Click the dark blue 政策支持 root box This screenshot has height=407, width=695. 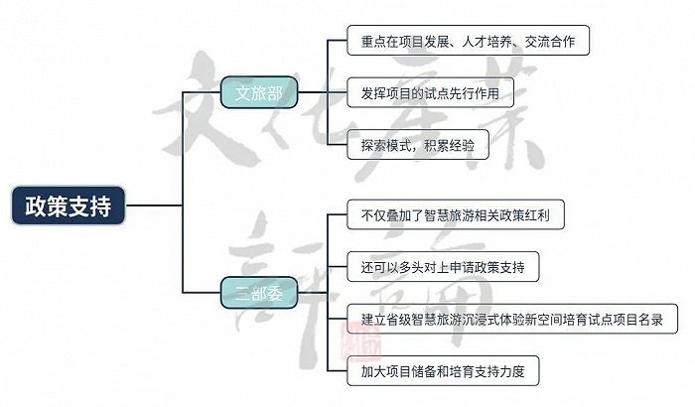69,205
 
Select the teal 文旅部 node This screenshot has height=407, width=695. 259,92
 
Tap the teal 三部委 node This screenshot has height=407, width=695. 259,293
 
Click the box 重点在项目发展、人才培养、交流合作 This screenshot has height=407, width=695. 468,41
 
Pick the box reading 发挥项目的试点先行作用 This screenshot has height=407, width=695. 430,92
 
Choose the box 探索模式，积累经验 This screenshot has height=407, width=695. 418,145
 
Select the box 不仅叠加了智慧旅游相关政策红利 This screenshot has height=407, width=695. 456,215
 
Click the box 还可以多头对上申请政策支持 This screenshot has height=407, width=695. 443,267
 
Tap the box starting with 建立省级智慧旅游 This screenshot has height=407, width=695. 512,319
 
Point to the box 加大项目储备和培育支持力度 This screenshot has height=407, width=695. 443,371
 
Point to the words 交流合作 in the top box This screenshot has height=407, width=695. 550,42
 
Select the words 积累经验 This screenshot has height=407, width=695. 450,145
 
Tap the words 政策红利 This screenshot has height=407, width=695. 525,215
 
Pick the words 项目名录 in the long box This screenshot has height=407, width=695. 638,320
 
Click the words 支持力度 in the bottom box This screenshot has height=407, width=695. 500,371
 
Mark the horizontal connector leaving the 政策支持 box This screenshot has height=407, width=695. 154,205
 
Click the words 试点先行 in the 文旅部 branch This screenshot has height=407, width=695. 450,93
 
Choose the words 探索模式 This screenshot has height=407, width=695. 386,145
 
